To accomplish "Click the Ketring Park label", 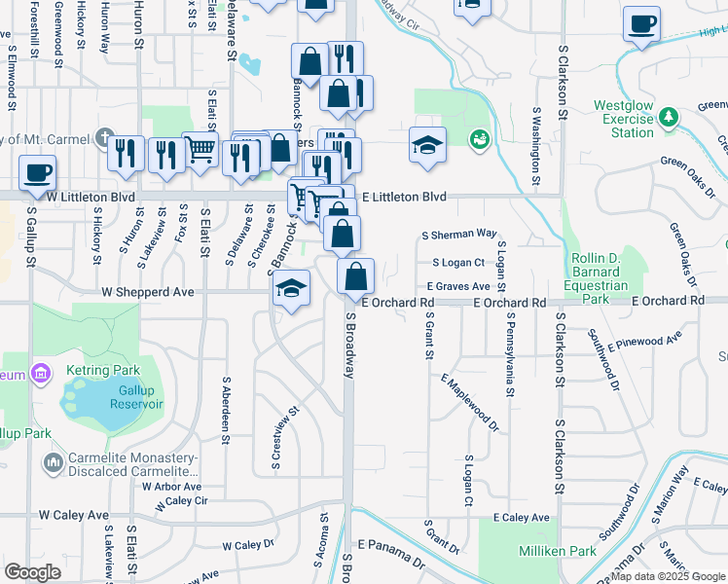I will coord(103,370).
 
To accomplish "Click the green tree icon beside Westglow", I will coord(668,117).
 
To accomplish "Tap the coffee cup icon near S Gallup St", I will coord(38,173).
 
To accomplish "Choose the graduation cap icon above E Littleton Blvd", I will coord(427,146).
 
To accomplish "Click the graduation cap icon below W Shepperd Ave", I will coord(291,290).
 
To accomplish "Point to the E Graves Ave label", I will coord(458,286).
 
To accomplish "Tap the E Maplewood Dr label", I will coord(470,403).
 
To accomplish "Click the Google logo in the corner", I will coord(33,571).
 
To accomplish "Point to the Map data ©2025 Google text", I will coord(668,576).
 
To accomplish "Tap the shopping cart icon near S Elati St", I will coord(200,150).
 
